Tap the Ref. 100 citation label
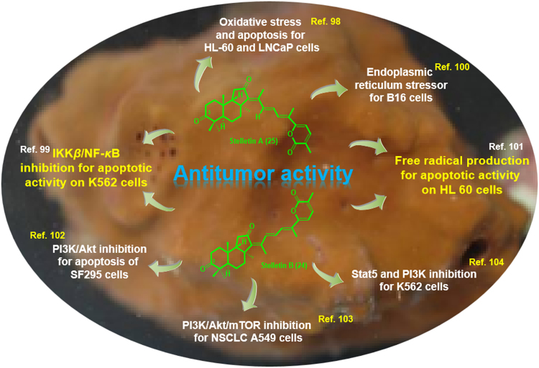tap(452, 67)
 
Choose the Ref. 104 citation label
tap(487, 262)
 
